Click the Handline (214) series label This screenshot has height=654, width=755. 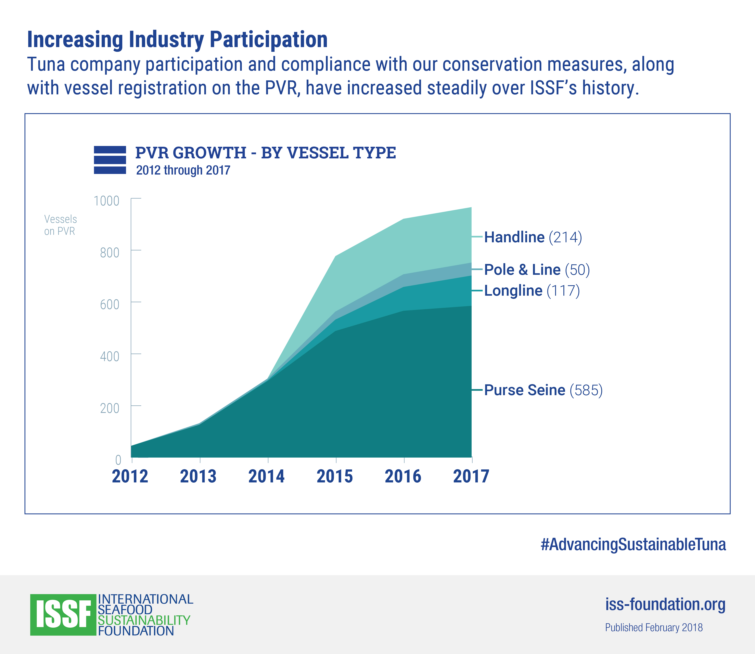tap(533, 237)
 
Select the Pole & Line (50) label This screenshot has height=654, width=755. tap(537, 270)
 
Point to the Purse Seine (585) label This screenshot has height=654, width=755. tap(543, 390)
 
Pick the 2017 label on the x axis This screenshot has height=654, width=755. tap(471, 476)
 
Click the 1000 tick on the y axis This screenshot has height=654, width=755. tap(107, 201)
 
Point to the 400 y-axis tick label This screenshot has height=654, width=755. tap(110, 356)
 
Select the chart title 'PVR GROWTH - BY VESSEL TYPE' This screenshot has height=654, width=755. tap(265, 152)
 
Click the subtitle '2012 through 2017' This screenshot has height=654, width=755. tap(183, 170)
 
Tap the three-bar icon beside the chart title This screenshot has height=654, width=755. tap(110, 160)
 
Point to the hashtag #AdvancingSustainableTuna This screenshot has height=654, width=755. tap(633, 544)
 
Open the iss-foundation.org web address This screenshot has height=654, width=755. tap(665, 604)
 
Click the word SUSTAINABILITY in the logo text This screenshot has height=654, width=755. tap(144, 620)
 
